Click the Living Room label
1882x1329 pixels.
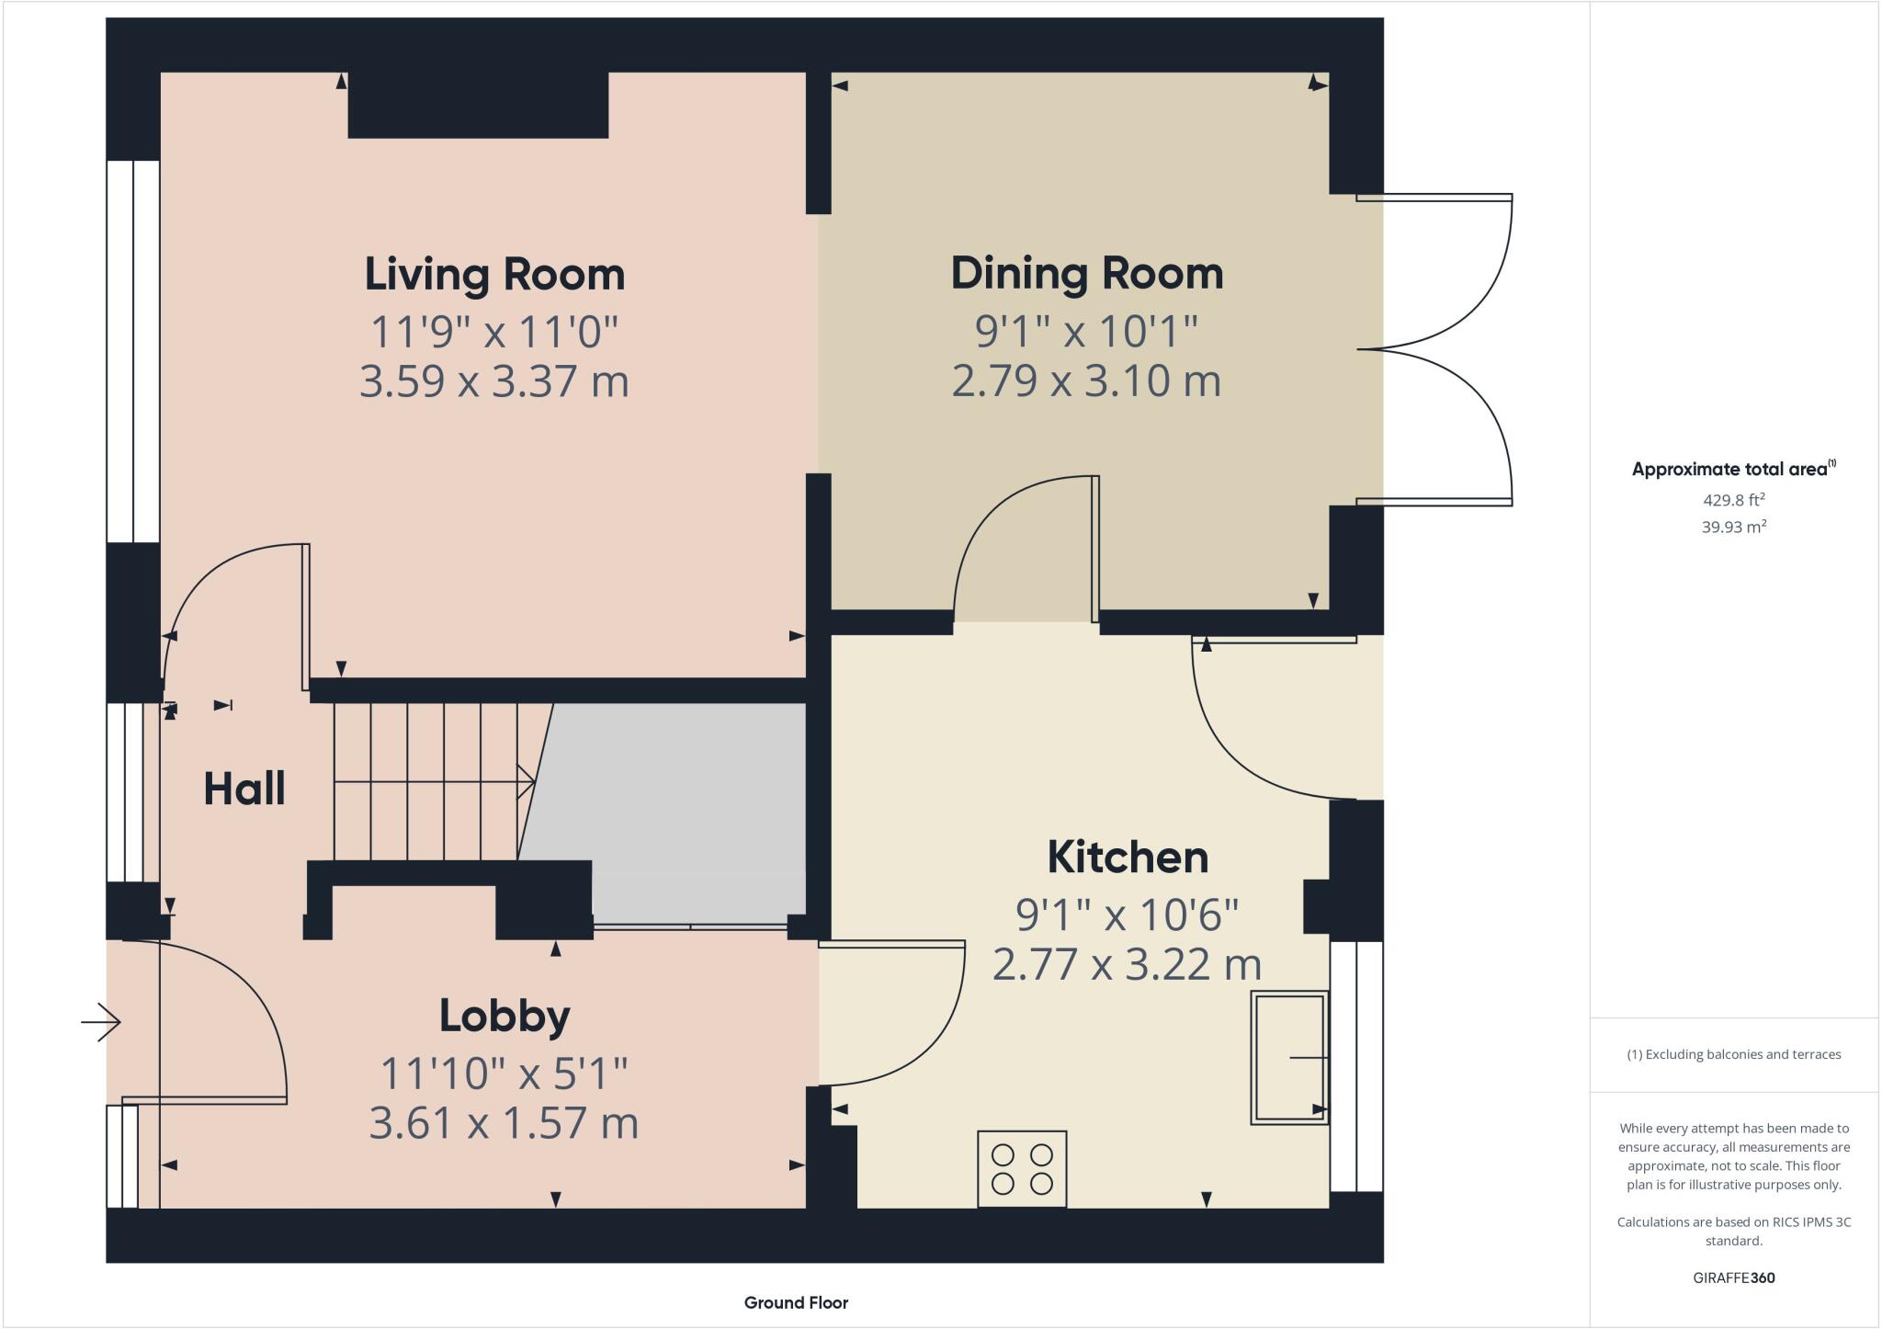tap(494, 275)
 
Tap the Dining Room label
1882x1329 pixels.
tap(1086, 274)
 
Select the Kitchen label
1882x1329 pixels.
tap(1128, 858)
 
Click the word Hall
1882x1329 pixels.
tap(244, 789)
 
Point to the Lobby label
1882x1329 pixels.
tap(505, 1016)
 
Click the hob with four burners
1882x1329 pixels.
tap(1022, 1168)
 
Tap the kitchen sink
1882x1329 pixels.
tap(1288, 1057)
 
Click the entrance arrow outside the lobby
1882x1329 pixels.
tap(101, 1021)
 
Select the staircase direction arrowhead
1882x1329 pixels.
tap(528, 782)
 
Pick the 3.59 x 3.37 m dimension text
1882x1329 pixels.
tap(493, 381)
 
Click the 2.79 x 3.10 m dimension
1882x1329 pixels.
tap(1086, 381)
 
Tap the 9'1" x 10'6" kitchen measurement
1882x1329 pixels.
tap(1128, 914)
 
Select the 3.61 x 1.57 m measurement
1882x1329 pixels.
tap(504, 1123)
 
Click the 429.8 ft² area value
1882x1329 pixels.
tap(1733, 500)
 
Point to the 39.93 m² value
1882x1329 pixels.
tap(1733, 527)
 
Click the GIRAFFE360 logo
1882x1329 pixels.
tap(1733, 1278)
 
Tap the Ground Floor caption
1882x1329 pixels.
tap(796, 1302)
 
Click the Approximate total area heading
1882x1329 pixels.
tap(1731, 469)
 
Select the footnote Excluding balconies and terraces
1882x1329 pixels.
tap(1733, 1054)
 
